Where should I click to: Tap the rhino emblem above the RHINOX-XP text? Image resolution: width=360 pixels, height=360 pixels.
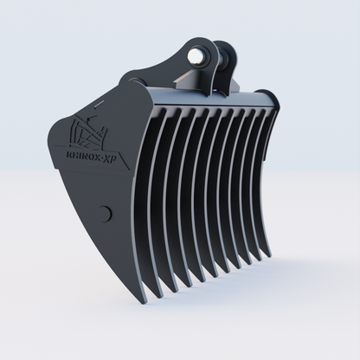pos(89,130)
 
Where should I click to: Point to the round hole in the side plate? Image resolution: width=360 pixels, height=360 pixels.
pos(106,213)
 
